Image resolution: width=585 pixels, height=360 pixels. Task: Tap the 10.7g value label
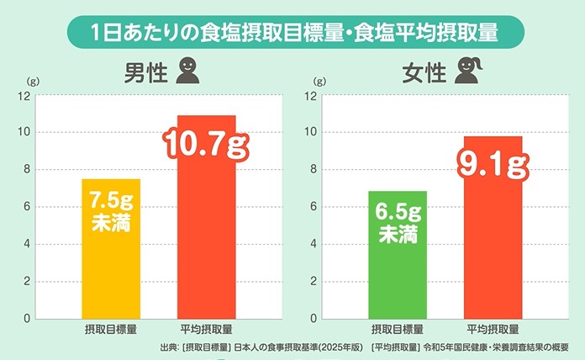[206, 146]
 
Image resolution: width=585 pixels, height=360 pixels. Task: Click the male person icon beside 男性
[189, 73]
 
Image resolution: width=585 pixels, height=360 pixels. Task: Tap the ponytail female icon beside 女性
[467, 73]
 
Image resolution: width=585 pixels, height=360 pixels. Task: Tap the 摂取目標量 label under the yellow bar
[110, 331]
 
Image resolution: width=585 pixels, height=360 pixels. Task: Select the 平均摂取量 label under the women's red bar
[492, 331]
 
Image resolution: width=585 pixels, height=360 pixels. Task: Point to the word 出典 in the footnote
[168, 348]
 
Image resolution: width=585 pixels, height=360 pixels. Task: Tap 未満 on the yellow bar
[110, 225]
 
